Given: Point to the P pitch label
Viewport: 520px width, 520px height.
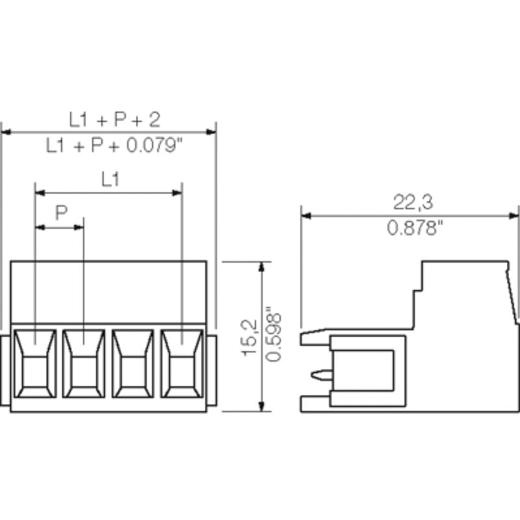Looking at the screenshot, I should pos(60,214).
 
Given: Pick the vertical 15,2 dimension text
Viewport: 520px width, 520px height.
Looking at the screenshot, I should pos(250,338).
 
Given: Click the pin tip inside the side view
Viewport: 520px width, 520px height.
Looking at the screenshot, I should pos(318,374).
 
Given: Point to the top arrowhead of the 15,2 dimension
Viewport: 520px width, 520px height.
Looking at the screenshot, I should pos(263,267).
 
